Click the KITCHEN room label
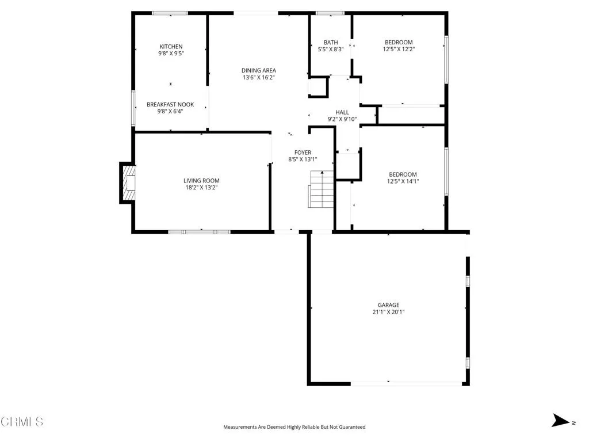point(171,47)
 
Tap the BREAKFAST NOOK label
point(170,105)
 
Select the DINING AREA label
point(258,70)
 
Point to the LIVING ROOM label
point(201,181)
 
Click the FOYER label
point(303,153)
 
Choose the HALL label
point(342,112)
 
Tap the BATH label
point(331,42)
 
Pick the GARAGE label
point(388,305)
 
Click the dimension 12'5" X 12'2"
point(399,49)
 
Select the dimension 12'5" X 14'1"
point(403,181)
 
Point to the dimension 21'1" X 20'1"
point(388,312)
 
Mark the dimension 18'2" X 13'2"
point(201,187)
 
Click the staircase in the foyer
point(322,190)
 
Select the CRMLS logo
point(22,422)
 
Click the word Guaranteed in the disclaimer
point(350,427)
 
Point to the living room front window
point(199,232)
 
